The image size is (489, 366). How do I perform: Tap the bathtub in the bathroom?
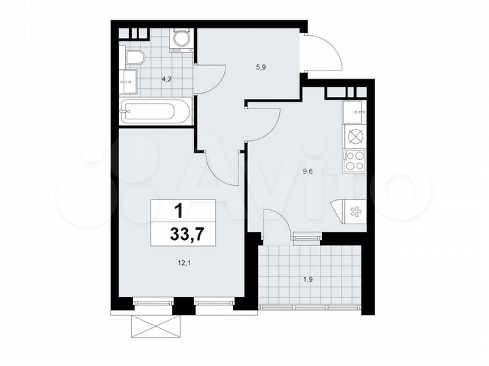156,110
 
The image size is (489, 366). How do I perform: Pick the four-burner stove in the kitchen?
355,161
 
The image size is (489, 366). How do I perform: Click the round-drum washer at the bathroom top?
181,41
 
